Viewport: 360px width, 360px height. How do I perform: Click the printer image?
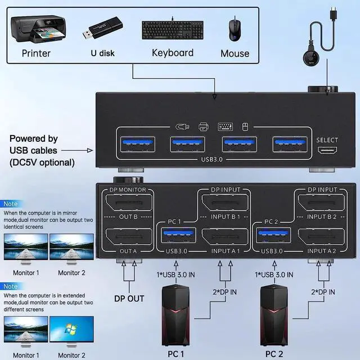[x=36, y=30]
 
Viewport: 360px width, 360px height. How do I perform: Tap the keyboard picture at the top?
[x=172, y=30]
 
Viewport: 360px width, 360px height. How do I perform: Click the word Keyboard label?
[x=172, y=53]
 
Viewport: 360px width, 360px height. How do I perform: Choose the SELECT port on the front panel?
[x=327, y=151]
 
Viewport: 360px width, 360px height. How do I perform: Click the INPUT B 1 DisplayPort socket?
[x=226, y=203]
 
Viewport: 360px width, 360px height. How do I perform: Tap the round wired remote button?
[x=310, y=62]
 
